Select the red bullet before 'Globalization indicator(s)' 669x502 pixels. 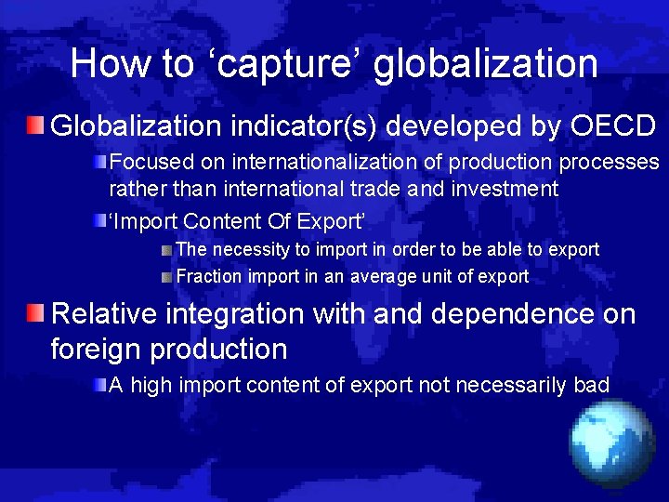35,125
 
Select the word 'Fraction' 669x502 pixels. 209,276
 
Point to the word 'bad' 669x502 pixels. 592,384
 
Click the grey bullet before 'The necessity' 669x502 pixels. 165,250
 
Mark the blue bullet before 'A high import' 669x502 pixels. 98,384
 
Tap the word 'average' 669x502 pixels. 380,276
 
